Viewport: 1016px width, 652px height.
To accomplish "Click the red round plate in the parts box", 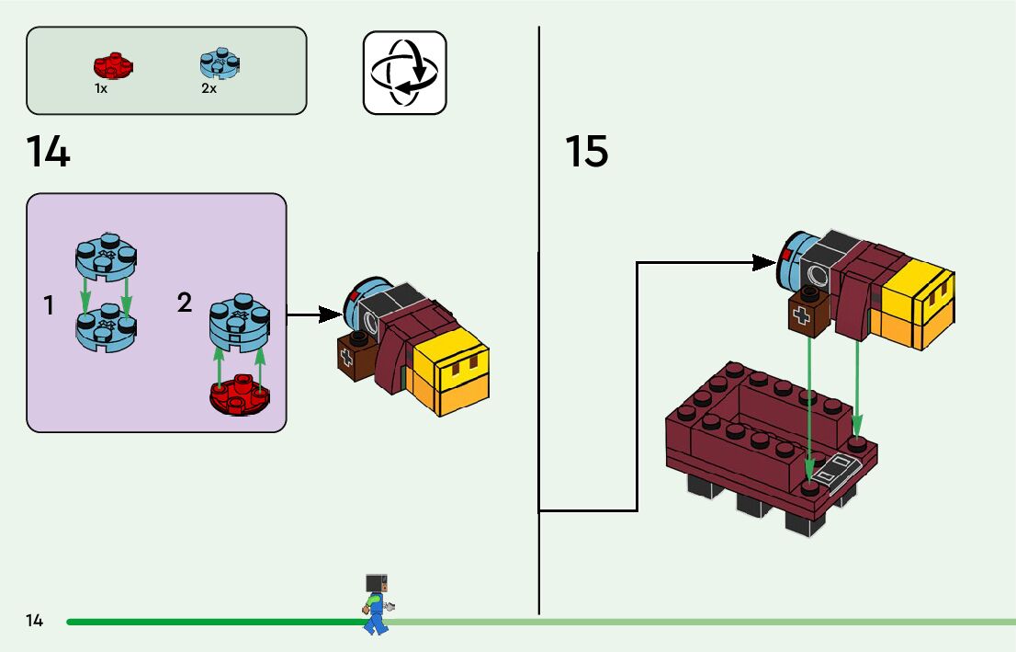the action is click(113, 65).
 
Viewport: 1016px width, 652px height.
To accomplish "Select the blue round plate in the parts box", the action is click(220, 63).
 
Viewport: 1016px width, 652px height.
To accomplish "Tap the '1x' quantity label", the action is click(101, 89).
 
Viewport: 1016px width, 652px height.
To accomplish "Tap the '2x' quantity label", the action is click(209, 89).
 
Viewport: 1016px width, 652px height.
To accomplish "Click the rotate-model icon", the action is click(404, 73).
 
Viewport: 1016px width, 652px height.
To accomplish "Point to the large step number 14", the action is click(48, 152).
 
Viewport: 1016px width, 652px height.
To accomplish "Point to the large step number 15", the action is click(586, 152).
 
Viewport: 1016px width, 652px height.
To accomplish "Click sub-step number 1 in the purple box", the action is click(49, 306).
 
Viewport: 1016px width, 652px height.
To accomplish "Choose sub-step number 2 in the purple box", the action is click(185, 303).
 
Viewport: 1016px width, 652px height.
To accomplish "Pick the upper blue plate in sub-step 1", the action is click(107, 257).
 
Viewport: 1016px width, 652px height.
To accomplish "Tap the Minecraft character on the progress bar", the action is click(377, 602).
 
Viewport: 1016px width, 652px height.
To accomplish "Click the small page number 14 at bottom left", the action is click(35, 621).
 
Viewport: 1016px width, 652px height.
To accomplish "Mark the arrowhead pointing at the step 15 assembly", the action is click(765, 263).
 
